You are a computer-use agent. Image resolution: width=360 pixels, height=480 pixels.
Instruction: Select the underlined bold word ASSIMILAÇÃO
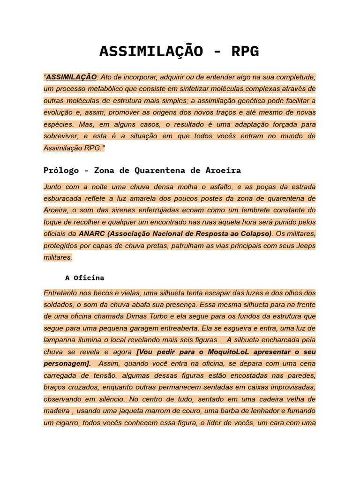[71, 77]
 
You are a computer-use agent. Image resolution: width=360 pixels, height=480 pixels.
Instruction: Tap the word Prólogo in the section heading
[61, 170]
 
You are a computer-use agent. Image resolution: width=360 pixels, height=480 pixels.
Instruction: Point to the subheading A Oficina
[84, 277]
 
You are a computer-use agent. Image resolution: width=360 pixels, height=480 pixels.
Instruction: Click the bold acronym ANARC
[92, 233]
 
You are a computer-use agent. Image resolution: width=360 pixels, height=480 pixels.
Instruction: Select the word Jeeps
[305, 245]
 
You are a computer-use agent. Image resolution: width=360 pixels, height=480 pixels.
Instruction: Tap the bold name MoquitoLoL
[222, 352]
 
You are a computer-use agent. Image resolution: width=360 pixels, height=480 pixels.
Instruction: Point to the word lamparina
[61, 340]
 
